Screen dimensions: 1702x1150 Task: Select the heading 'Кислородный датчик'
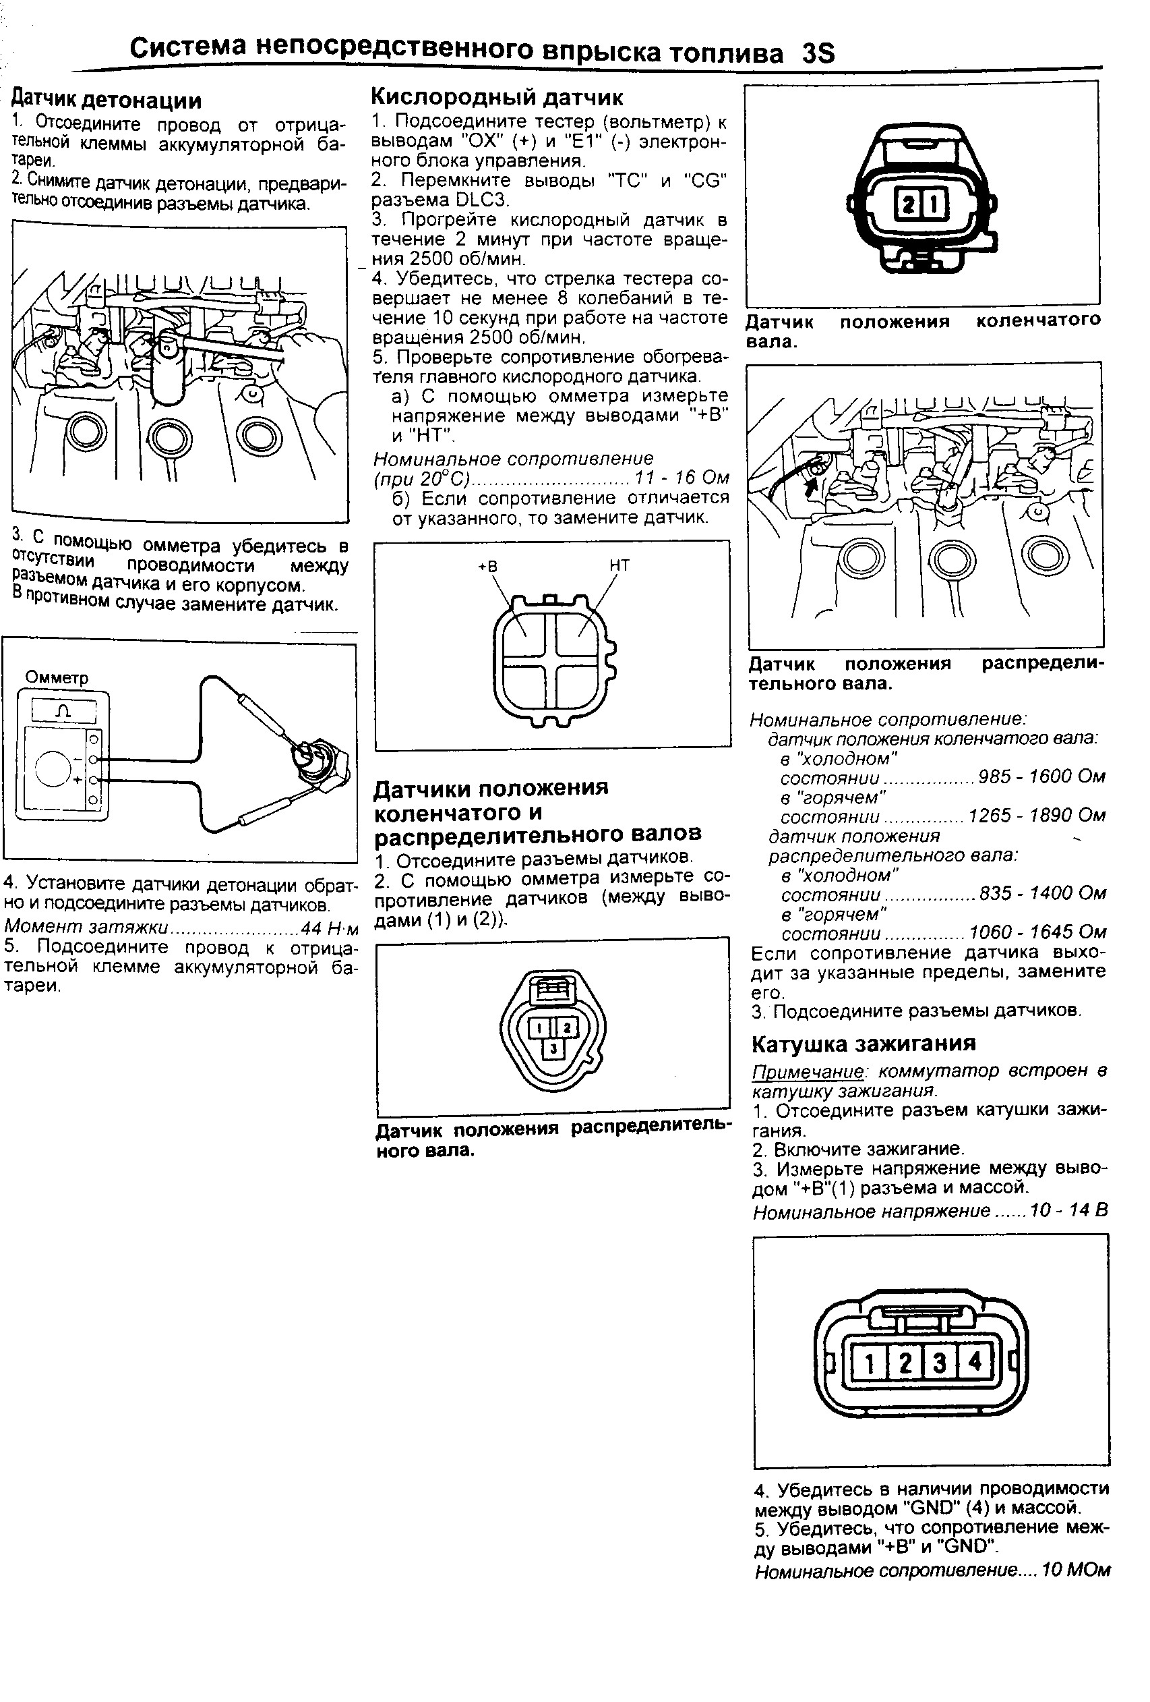497,96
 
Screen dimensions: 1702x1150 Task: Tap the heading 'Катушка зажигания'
864,1043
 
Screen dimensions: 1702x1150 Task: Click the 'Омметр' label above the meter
57,677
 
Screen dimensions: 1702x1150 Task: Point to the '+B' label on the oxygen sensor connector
487,566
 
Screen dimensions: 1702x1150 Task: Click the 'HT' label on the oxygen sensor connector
619,565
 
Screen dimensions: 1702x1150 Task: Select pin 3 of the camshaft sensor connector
553,1049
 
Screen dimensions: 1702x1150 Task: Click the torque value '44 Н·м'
330,929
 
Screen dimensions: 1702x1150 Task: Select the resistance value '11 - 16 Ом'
682,478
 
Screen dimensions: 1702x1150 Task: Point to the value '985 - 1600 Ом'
1041,776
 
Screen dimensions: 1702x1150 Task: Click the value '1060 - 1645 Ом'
1037,932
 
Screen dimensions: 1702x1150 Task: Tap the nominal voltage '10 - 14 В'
1068,1211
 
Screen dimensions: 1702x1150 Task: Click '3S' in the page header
818,53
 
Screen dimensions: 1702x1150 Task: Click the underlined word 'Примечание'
808,1071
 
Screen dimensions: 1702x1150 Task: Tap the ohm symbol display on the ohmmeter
63,711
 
